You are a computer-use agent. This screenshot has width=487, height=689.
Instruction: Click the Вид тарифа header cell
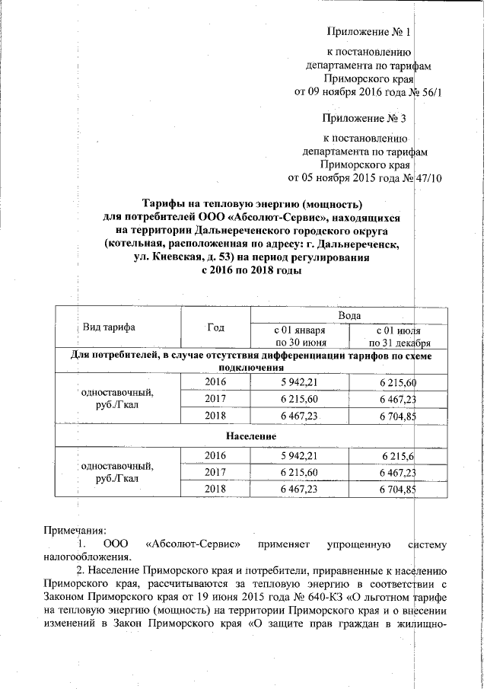point(110,327)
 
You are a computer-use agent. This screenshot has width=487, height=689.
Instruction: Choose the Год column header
point(215,327)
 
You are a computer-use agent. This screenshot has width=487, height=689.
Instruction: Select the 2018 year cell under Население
point(216,490)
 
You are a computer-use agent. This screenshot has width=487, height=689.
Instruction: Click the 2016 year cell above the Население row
point(216,381)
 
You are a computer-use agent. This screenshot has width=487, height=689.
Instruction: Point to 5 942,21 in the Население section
point(300,455)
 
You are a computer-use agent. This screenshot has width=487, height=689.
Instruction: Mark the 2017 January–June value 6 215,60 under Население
point(300,472)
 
